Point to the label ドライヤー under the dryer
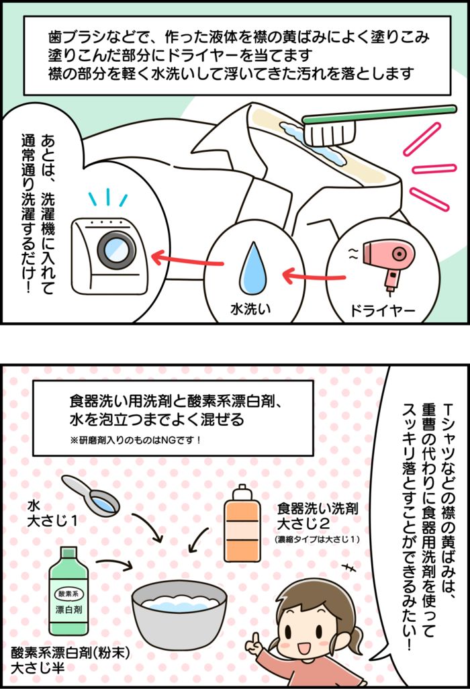pyautogui.click(x=381, y=310)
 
